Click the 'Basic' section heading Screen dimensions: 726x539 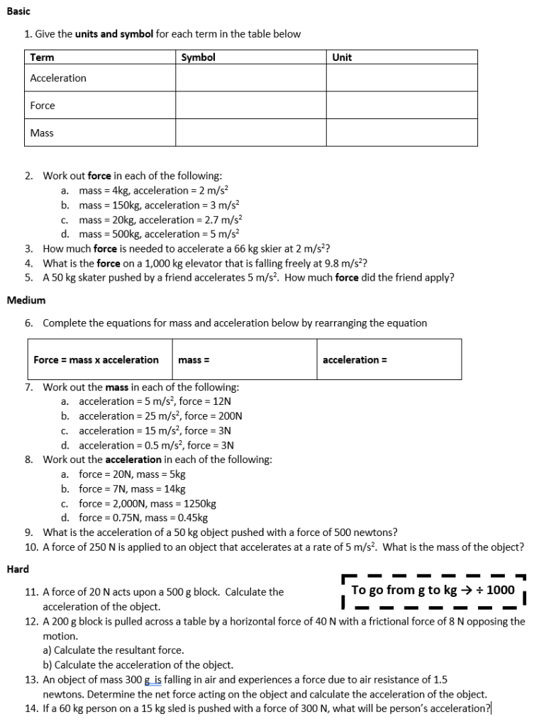pos(18,12)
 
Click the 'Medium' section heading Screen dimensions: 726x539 pos(26,301)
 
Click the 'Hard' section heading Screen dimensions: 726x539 pos(18,569)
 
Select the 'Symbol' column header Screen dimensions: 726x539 pos(199,57)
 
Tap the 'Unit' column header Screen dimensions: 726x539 pos(342,57)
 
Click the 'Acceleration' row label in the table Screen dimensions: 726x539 pos(58,78)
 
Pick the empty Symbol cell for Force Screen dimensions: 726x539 pos(251,106)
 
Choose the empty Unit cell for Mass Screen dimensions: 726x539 pos(401,133)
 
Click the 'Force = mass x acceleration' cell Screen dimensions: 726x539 pos(96,359)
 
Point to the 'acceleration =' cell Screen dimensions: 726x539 pos(389,359)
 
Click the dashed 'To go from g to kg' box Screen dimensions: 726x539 pos(433,591)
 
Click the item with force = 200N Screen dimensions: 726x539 pos(160,416)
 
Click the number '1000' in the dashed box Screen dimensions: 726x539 pos(501,591)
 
